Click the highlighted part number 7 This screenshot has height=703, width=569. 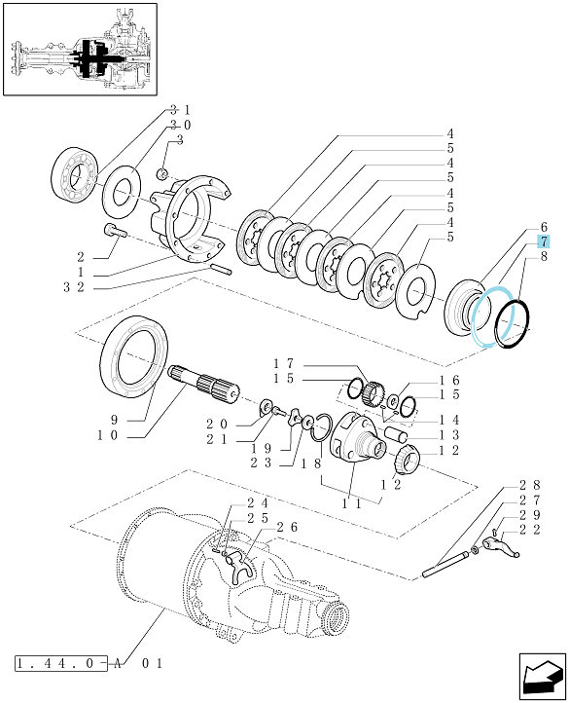[x=543, y=242]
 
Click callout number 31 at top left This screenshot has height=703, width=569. [x=180, y=109]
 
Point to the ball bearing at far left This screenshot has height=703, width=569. [x=74, y=170]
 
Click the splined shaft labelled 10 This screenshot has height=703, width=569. [x=204, y=385]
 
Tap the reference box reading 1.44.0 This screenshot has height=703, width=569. [x=61, y=663]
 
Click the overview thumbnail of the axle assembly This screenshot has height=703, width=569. [x=80, y=49]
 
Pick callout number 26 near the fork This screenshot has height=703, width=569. [x=287, y=527]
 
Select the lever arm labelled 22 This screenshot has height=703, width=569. [x=501, y=547]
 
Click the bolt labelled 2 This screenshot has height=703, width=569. [x=116, y=231]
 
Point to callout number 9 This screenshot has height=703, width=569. [x=114, y=420]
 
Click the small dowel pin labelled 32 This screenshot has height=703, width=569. [x=221, y=269]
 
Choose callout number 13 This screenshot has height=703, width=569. [x=449, y=434]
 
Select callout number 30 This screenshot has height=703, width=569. [x=180, y=125]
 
